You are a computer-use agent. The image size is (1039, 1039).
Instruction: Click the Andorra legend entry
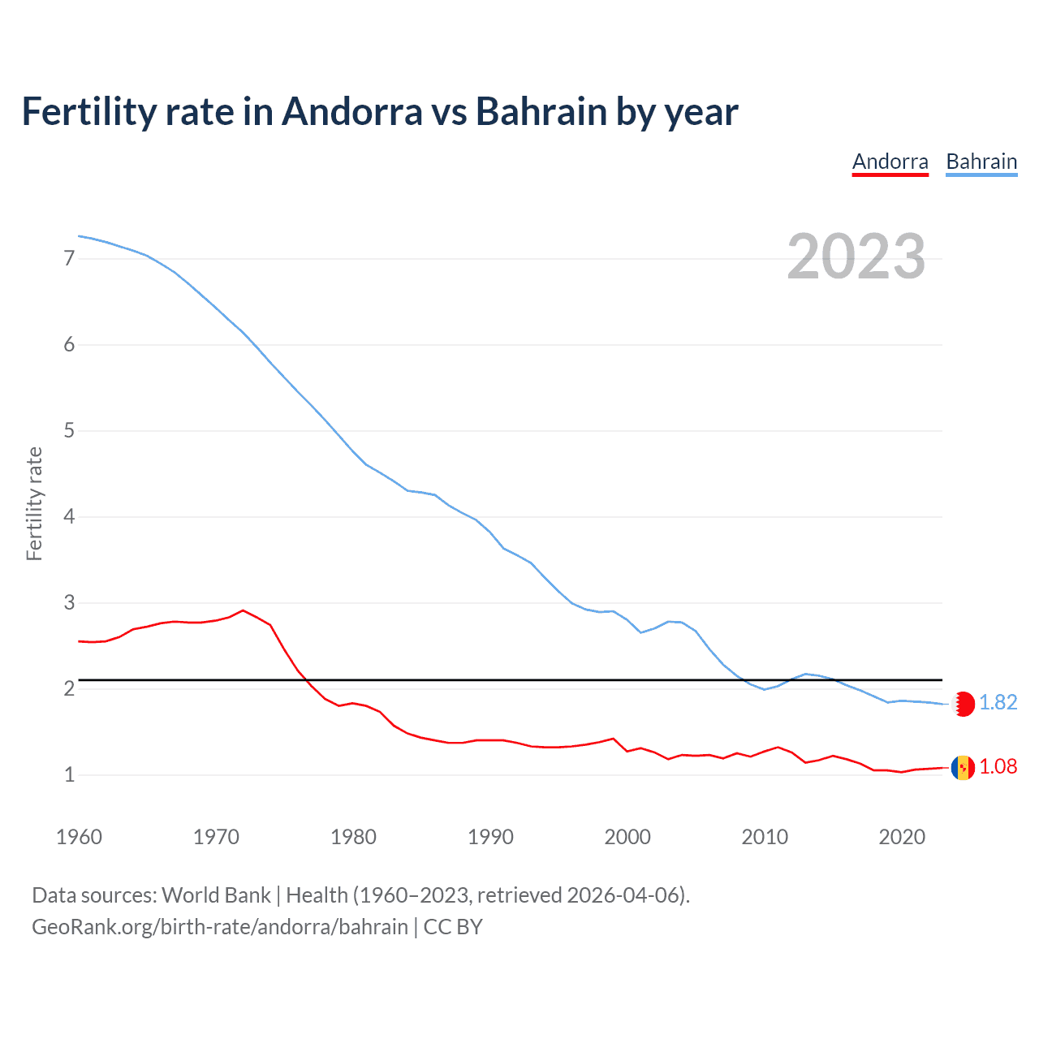[890, 162]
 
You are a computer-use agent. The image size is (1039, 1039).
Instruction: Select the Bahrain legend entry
[981, 162]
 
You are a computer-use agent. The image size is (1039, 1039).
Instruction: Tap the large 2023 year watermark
[856, 257]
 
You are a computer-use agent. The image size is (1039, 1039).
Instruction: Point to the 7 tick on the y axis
[69, 259]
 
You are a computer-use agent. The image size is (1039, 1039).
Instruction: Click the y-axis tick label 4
[69, 517]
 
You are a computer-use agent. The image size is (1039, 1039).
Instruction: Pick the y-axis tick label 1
[69, 775]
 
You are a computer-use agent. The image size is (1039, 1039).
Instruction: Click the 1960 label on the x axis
[79, 837]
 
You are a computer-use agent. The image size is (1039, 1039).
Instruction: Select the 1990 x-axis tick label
[490, 837]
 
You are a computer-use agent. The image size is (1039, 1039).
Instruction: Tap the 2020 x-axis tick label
[902, 837]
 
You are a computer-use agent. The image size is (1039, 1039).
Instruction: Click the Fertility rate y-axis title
[34, 503]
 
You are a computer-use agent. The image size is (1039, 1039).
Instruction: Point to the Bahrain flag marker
[963, 704]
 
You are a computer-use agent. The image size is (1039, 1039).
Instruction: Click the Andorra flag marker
[963, 767]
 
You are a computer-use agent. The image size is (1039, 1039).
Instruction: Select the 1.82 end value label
[998, 703]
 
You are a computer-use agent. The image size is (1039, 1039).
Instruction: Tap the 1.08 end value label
[998, 767]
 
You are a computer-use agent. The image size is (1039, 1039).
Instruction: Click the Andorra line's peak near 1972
[243, 610]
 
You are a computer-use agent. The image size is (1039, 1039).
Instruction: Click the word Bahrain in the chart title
[541, 112]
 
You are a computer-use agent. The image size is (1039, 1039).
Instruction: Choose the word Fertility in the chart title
[88, 112]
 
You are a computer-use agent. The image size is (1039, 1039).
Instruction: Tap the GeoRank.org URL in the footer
[219, 927]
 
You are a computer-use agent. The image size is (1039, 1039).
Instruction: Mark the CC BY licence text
[453, 927]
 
